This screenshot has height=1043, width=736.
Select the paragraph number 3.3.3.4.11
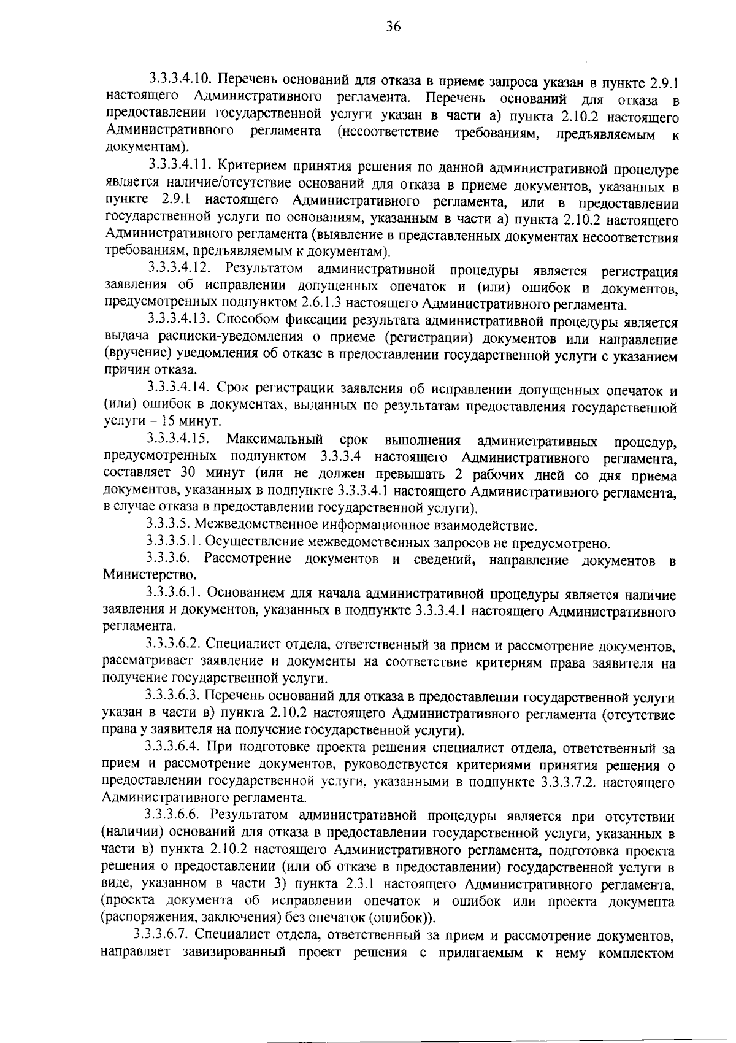point(180,167)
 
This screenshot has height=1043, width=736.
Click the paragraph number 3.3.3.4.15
point(178,440)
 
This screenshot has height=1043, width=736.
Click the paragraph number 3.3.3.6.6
point(172,816)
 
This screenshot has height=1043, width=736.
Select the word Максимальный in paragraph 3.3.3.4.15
point(274,440)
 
